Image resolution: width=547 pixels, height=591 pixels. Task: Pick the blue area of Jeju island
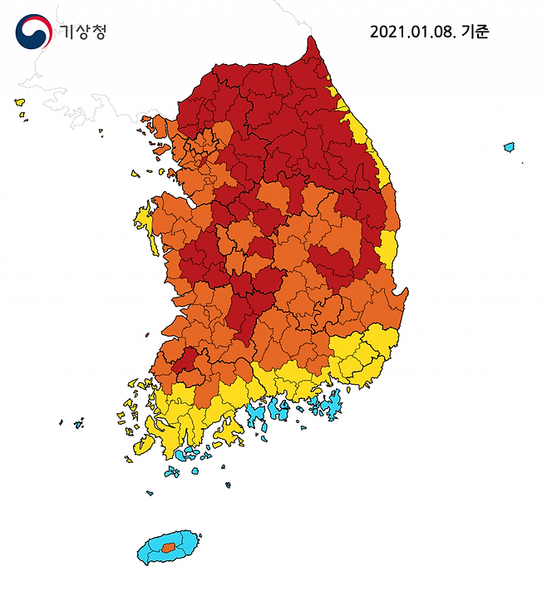pyautogui.click(x=150, y=551)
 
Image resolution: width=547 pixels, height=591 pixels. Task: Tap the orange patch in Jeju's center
pyautogui.click(x=169, y=547)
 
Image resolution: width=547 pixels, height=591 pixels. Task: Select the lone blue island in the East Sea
pyautogui.click(x=509, y=147)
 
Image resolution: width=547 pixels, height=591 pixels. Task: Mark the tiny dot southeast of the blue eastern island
pyautogui.click(x=523, y=162)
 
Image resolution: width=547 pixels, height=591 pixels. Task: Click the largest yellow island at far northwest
pyautogui.click(x=20, y=102)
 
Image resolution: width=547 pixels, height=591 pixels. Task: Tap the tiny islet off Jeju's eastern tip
pyautogui.click(x=199, y=536)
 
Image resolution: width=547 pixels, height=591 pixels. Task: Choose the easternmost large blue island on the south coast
pyautogui.click(x=332, y=404)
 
